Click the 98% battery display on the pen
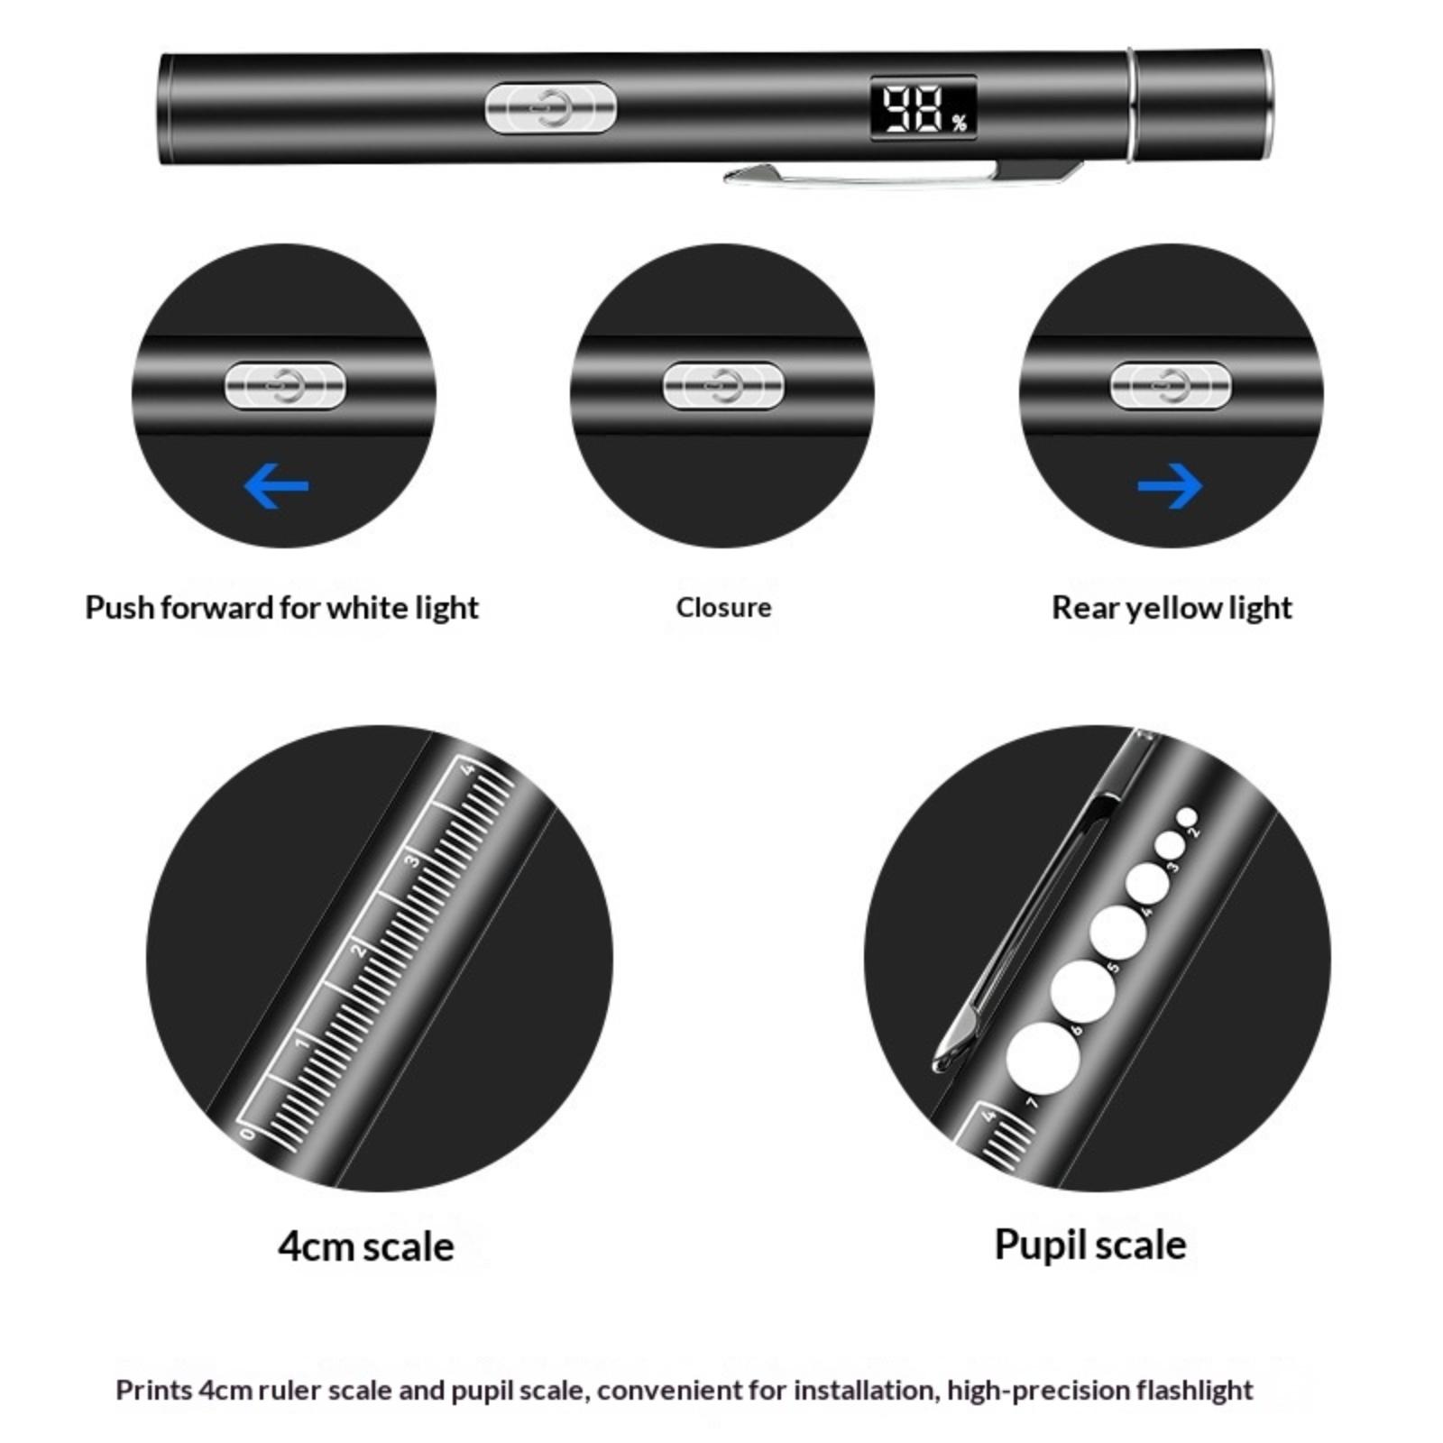click(x=924, y=108)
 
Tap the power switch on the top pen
click(x=550, y=107)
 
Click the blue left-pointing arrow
click(x=276, y=486)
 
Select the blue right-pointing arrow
click(x=1170, y=486)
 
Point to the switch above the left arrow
click(x=285, y=386)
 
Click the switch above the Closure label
click(x=723, y=386)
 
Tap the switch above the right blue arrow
click(x=1170, y=386)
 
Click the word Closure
click(x=723, y=607)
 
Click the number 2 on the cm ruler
click(x=359, y=951)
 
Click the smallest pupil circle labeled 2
click(x=1187, y=817)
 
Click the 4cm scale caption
click(x=366, y=1246)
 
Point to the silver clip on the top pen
click(x=902, y=173)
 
